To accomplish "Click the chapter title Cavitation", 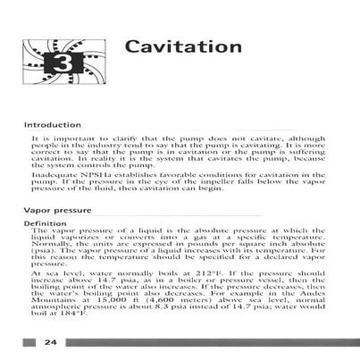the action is pyautogui.click(x=182, y=45).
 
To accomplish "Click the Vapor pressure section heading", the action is pyautogui.click(x=59, y=210).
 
